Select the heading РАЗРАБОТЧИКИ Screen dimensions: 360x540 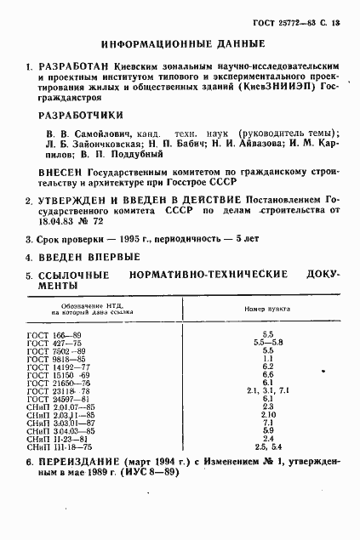83,115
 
